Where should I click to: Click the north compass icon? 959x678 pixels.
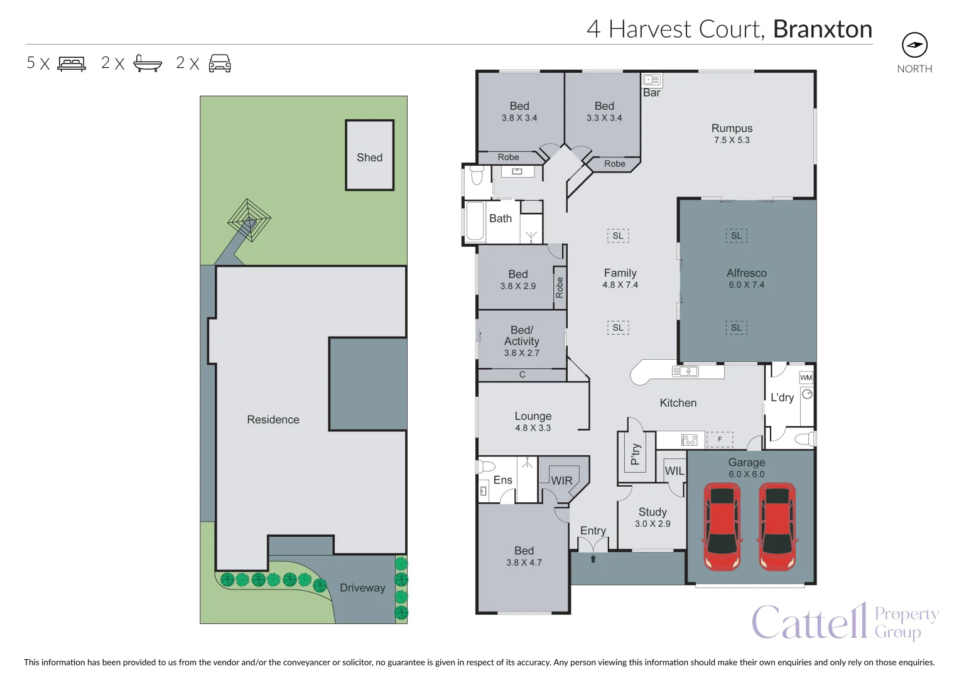coord(914,45)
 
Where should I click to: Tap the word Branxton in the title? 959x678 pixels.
coord(822,30)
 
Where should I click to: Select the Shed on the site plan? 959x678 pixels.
coord(369,156)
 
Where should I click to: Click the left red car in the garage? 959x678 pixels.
coord(722,525)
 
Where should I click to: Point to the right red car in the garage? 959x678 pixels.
coord(777,525)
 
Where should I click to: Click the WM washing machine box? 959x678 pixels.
coord(806,377)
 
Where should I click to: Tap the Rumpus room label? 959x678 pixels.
coord(732,128)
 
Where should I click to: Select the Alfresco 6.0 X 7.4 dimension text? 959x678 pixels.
coord(746,285)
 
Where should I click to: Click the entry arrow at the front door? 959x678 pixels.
coord(593,558)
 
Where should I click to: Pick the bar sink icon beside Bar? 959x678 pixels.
coord(651,80)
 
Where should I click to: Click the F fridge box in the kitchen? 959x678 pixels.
coord(720,439)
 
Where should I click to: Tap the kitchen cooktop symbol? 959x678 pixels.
coord(689,439)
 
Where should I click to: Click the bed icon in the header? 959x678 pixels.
coord(72,63)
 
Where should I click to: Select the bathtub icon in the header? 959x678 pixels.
coord(148,63)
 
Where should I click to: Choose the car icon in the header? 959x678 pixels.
coord(220,63)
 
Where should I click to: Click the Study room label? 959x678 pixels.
coord(653,512)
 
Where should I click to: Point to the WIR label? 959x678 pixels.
coord(561,481)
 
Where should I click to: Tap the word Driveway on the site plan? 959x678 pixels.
coord(362,588)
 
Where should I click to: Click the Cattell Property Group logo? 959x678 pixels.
coord(845,621)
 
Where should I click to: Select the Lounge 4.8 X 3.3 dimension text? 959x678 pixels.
coord(533,428)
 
